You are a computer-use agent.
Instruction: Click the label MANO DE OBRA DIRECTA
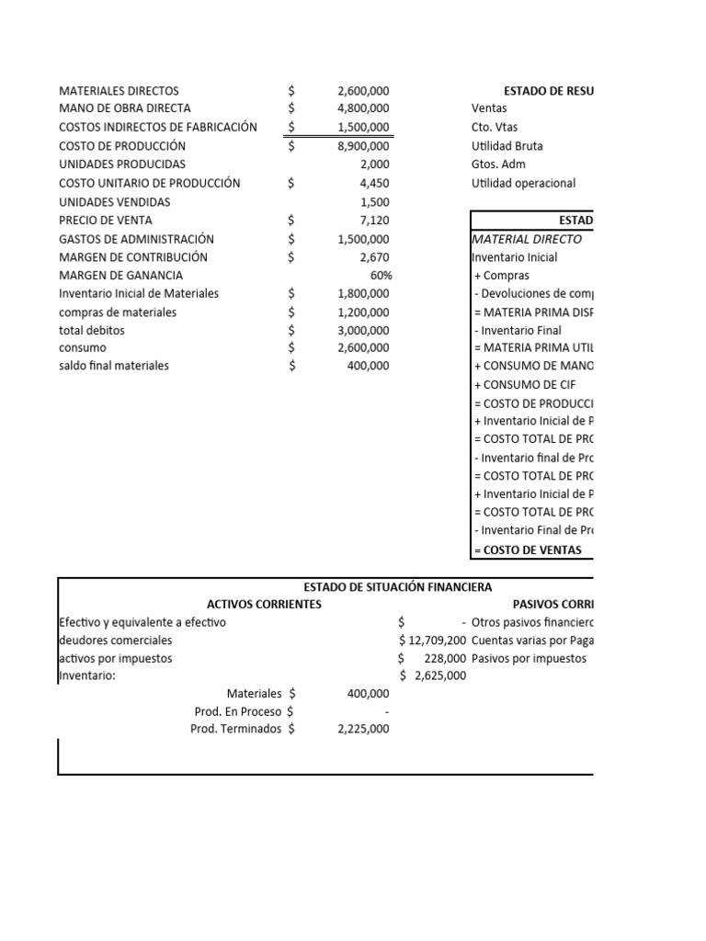pyautogui.click(x=124, y=108)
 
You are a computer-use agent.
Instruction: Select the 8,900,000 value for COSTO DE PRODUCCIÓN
pyautogui.click(x=363, y=145)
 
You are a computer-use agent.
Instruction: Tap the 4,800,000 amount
pyautogui.click(x=363, y=108)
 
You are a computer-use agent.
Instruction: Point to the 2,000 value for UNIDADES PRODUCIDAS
pyautogui.click(x=375, y=164)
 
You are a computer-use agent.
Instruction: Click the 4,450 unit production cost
pyautogui.click(x=375, y=183)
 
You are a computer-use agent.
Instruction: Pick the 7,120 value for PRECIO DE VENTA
pyautogui.click(x=375, y=221)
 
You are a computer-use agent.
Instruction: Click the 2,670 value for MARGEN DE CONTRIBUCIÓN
pyautogui.click(x=375, y=257)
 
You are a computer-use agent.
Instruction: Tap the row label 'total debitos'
pyautogui.click(x=91, y=330)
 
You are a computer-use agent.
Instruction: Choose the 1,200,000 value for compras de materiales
pyautogui.click(x=363, y=312)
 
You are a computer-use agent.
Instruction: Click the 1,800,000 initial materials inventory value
pyautogui.click(x=363, y=294)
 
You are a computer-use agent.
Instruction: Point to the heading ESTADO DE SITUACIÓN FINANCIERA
pyautogui.click(x=397, y=586)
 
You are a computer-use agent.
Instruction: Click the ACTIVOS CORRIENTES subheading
pyautogui.click(x=264, y=604)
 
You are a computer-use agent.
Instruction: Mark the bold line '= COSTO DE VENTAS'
pyautogui.click(x=527, y=550)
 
